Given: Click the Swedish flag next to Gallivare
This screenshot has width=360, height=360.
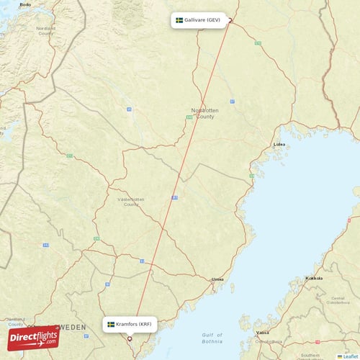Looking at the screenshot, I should pos(179,20).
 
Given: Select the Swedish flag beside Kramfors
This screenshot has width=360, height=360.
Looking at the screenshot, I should pos(111,324).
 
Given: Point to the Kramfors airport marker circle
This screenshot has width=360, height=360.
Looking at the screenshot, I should pos(130,338).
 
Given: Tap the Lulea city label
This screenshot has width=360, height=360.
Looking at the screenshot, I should pos(279,144).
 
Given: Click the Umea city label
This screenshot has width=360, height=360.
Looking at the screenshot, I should pos(216,279).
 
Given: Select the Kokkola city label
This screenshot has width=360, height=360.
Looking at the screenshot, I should pos(314,278).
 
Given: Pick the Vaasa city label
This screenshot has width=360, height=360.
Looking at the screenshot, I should pos(263,333).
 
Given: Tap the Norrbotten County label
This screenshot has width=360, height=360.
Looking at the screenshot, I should pos(202,113).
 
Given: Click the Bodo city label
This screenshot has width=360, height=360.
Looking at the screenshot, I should pos(25,4).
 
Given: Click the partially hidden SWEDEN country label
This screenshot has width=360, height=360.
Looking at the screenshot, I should pos(73,326).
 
